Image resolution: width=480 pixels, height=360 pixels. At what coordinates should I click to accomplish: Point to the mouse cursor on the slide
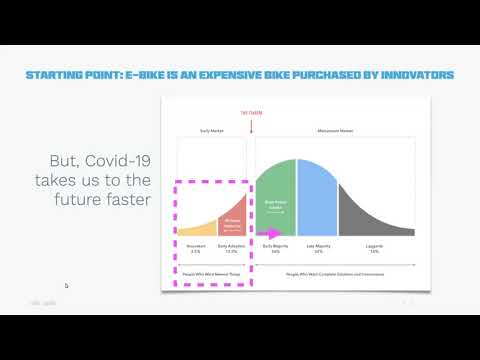pos(66,286)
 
